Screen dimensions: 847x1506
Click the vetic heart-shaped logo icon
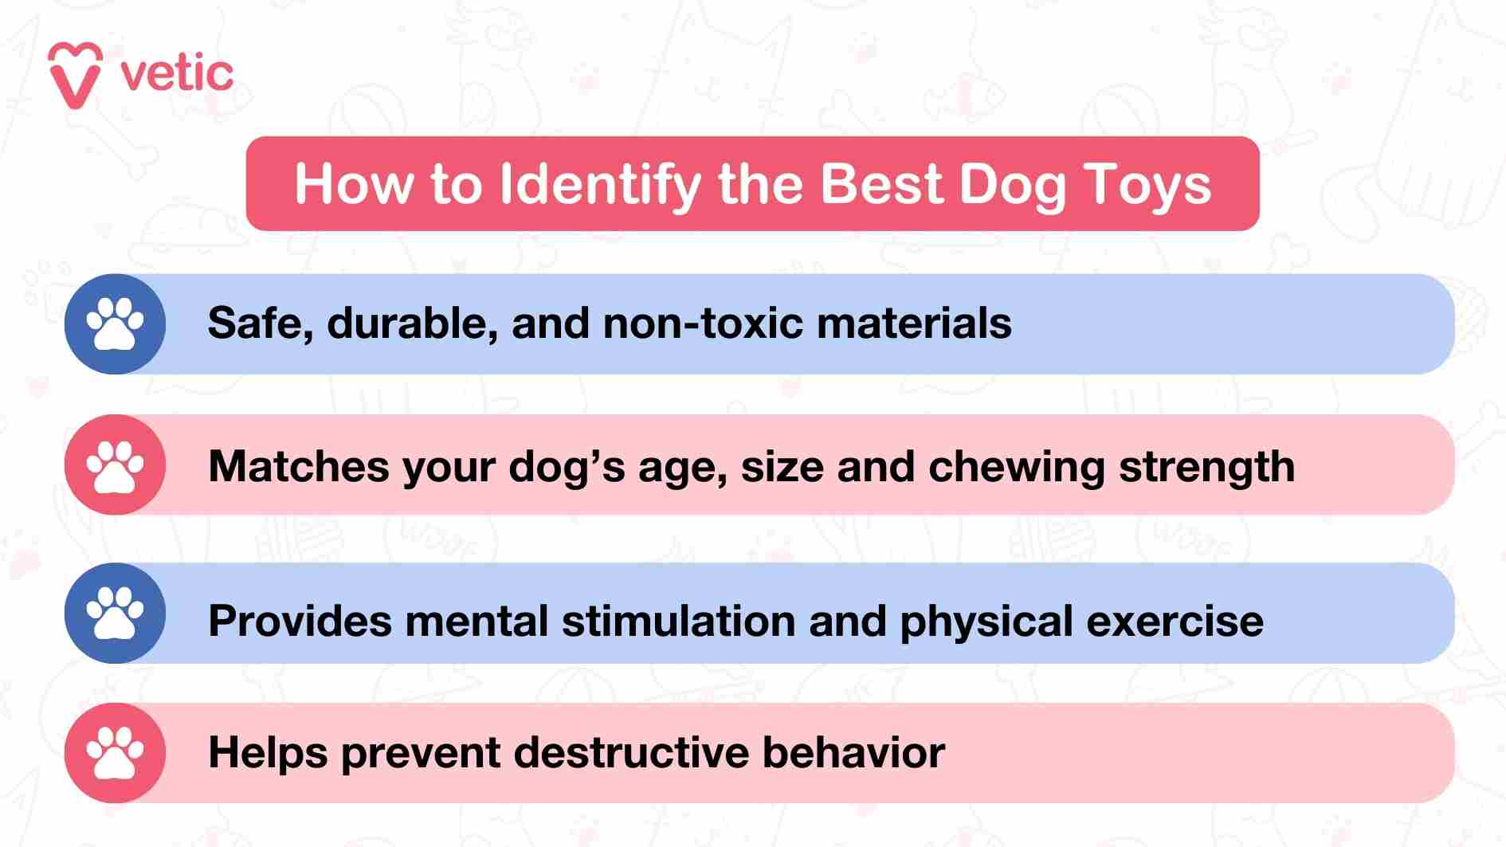coord(75,75)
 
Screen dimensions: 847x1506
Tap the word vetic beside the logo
coord(177,74)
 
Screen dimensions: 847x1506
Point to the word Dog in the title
coord(1012,185)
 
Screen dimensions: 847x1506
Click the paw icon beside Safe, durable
coord(116,324)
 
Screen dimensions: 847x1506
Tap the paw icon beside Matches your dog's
coord(116,465)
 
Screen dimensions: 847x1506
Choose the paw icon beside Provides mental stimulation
coord(116,614)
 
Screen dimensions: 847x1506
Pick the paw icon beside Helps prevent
coord(116,753)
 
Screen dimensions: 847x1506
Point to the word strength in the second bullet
coord(1207,467)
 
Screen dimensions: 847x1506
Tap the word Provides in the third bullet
coord(300,622)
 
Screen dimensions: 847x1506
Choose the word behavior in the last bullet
coord(853,753)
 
